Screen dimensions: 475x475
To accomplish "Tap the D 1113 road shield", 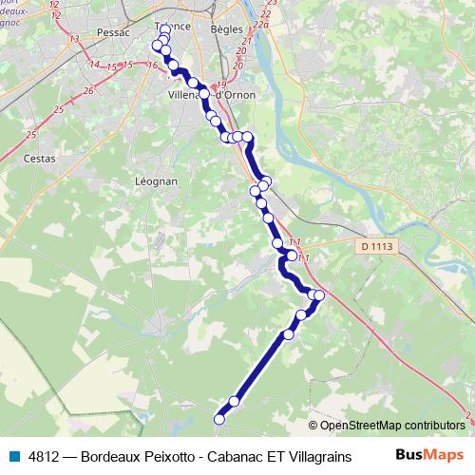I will click(x=377, y=246).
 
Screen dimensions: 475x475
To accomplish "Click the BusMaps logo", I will click(x=428, y=456).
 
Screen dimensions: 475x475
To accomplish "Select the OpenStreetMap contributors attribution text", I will click(x=392, y=425).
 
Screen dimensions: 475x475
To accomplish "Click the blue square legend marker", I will click(x=15, y=456).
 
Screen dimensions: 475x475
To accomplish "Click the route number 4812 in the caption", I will click(x=46, y=456).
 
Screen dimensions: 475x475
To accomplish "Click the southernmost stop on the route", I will click(x=219, y=419).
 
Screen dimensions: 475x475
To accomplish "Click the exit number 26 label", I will click(x=88, y=90).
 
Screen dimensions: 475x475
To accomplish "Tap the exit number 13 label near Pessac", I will click(x=73, y=38).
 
